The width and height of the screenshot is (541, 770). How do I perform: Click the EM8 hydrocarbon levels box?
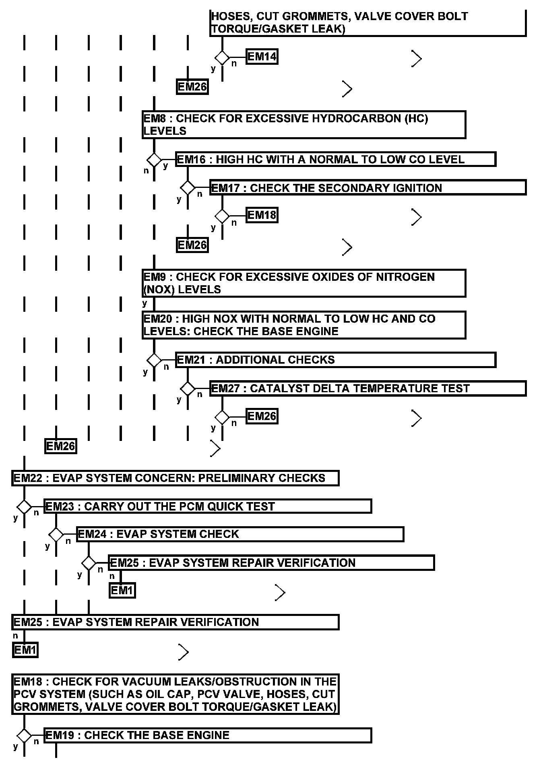(x=304, y=125)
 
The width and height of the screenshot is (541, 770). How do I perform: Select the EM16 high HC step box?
(x=335, y=159)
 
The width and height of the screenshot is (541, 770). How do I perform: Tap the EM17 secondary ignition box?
(x=368, y=188)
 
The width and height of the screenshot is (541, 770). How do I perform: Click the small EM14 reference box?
(x=262, y=57)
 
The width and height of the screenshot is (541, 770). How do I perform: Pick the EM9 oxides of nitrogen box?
(x=304, y=283)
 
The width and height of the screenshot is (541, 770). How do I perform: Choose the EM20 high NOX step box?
(x=304, y=325)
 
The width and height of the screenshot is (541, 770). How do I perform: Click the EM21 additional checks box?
(x=335, y=360)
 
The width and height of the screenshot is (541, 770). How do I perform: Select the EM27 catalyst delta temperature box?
(x=368, y=388)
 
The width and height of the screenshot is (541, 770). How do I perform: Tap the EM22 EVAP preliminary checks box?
(x=175, y=478)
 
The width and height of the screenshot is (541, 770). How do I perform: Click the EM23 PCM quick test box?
(x=207, y=506)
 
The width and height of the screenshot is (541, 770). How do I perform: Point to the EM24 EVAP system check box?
(x=240, y=534)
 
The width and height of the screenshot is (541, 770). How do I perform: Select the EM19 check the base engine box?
(x=207, y=735)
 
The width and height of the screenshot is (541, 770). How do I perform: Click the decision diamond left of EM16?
(x=154, y=160)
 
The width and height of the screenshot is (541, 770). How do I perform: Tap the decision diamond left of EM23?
(x=24, y=506)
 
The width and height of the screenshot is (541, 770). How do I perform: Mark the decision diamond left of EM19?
(x=24, y=736)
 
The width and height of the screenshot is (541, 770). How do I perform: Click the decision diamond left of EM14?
(x=222, y=57)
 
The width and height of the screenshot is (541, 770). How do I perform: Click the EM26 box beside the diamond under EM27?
(x=262, y=416)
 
